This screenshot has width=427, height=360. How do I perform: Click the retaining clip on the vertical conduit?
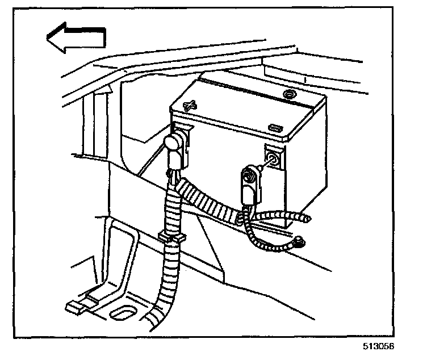coord(170,237)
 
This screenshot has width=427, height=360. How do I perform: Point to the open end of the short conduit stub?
coord(307,218)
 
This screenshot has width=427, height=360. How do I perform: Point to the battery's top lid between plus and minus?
coord(238,111)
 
